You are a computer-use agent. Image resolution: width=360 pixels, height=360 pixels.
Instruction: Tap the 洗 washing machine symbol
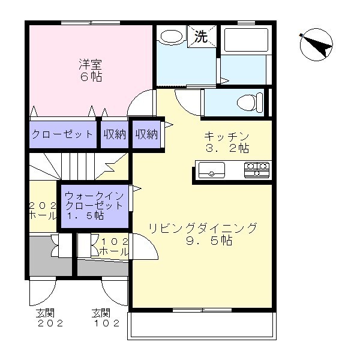[201, 37]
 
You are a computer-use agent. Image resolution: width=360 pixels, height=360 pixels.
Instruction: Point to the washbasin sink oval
[172, 36]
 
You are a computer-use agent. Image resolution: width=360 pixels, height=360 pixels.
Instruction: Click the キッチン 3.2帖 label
[226, 141]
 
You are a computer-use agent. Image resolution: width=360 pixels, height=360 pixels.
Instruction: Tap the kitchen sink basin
[212, 170]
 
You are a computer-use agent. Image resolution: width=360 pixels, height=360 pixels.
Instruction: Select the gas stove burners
[257, 170]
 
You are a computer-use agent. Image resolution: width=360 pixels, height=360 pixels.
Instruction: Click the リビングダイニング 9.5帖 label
[203, 234]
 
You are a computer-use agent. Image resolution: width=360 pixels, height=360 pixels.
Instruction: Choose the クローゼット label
[62, 134]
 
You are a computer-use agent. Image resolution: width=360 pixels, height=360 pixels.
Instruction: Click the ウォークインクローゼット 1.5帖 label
[94, 206]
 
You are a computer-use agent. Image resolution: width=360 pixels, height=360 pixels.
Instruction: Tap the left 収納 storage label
[114, 134]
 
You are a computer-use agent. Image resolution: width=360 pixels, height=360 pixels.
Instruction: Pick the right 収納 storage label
[146, 134]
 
